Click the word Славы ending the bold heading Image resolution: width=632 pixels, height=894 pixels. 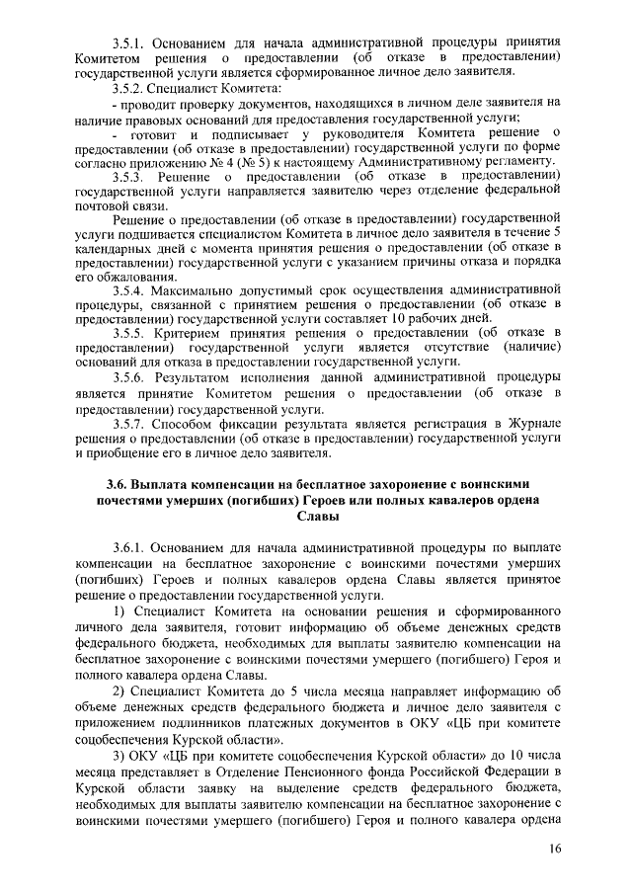(x=316, y=517)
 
